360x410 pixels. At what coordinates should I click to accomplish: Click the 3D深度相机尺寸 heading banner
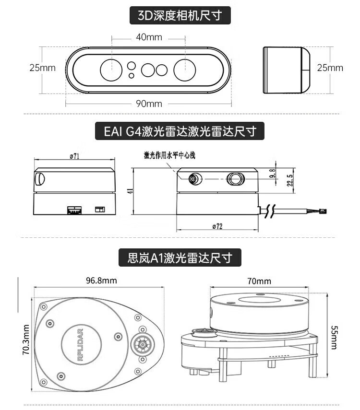[x=180, y=15]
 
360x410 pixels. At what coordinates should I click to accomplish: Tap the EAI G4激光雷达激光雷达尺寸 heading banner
[x=180, y=131]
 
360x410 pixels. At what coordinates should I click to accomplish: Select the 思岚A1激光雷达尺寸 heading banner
[x=180, y=258]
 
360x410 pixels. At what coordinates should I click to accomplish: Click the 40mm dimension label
[x=148, y=37]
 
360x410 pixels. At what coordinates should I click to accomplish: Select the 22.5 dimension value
[x=289, y=179]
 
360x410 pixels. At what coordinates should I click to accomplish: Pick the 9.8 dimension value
[x=273, y=174]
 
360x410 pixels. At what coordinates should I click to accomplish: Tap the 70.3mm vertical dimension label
[x=26, y=340]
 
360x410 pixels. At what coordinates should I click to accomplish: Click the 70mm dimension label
[x=259, y=281]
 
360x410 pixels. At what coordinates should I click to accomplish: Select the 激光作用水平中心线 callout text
[x=170, y=155]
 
